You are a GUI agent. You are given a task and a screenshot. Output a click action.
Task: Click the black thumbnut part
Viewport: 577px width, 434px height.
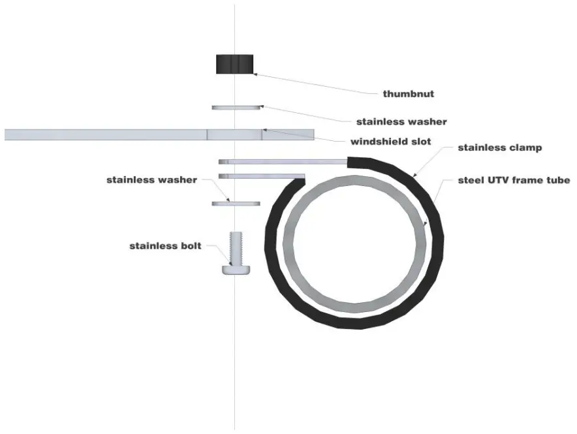pos(234,64)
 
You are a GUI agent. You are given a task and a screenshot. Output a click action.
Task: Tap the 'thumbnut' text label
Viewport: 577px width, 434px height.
pos(408,94)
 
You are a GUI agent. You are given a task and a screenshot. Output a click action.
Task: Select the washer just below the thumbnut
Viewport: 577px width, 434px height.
pos(236,106)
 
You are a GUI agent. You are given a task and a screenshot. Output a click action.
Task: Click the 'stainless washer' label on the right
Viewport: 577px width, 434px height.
pos(401,121)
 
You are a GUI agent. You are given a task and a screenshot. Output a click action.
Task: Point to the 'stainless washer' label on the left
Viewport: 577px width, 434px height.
pos(151,179)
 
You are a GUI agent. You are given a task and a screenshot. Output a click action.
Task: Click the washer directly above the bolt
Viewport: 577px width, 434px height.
pos(236,204)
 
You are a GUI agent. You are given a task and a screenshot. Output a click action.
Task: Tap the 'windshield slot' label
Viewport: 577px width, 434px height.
pos(390,142)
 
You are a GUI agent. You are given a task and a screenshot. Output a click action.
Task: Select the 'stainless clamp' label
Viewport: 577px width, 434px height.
pos(500,147)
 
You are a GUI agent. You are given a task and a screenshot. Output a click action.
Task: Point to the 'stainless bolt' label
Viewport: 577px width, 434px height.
pos(166,246)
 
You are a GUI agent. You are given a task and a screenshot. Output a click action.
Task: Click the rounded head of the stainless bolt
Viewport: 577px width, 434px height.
pos(236,269)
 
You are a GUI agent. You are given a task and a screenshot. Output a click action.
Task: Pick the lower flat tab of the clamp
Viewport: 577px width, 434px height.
pos(261,176)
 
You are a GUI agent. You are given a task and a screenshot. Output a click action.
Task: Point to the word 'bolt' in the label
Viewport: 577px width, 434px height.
pos(190,246)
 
